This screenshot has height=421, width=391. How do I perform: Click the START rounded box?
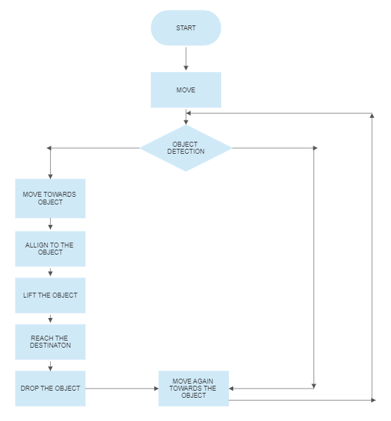coord(186,28)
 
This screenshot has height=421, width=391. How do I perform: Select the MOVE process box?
coord(186,90)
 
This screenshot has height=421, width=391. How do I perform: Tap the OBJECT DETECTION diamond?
coord(186,148)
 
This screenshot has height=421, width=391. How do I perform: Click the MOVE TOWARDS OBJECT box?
coord(50,198)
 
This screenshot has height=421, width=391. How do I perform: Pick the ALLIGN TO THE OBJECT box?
coord(50,249)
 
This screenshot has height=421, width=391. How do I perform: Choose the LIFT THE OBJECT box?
coord(50,295)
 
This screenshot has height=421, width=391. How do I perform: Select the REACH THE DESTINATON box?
coord(50,342)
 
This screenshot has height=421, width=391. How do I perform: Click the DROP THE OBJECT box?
coord(50,388)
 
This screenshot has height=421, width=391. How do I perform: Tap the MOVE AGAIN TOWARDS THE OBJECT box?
coord(193,388)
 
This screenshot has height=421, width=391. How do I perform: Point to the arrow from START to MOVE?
coord(186,59)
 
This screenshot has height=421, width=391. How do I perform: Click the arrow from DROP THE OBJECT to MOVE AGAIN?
coord(121,388)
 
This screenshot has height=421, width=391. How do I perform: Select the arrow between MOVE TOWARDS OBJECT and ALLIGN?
coord(50,224)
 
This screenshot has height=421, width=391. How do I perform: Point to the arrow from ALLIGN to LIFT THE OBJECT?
coord(50,271)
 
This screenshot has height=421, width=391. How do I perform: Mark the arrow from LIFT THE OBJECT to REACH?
coord(50,318)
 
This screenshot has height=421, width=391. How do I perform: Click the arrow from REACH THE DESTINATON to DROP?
coord(50,365)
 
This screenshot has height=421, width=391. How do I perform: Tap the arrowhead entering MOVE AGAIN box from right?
coord(233,388)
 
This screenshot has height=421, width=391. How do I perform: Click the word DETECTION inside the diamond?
coord(186,152)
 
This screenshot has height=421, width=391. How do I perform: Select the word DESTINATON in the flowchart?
coord(50,346)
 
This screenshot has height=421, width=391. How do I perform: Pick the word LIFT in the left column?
coord(30,295)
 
